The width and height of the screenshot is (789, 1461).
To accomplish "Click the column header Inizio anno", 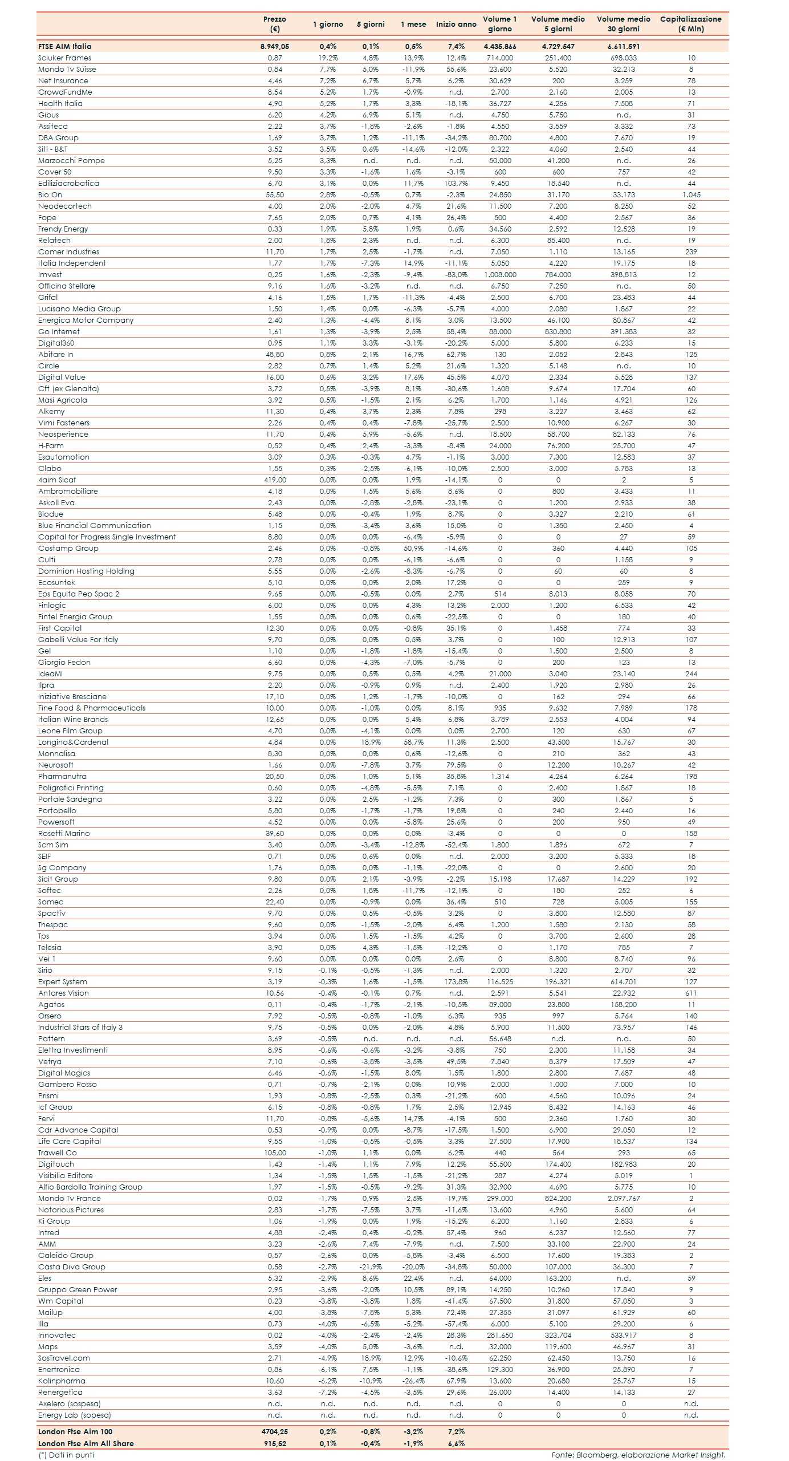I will (x=455, y=24).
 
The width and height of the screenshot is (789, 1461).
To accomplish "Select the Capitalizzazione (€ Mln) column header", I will (x=690, y=24).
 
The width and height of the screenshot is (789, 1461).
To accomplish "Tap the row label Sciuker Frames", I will (x=64, y=58).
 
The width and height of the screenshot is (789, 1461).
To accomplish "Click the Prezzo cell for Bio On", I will (x=275, y=194).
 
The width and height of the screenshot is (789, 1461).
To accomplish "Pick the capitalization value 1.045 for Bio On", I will (x=691, y=194).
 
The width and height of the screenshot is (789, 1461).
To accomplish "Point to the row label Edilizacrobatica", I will (x=68, y=183).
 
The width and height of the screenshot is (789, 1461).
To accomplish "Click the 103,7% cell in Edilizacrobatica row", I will (x=455, y=183).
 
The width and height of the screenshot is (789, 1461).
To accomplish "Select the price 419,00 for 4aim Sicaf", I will (x=275, y=480).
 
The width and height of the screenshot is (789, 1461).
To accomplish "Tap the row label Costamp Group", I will (x=68, y=548).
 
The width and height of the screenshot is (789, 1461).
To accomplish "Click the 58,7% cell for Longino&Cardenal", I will (x=413, y=742).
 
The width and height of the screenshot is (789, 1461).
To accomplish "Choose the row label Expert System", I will (x=63, y=981).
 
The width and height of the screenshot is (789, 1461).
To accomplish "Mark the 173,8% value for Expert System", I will (x=455, y=981).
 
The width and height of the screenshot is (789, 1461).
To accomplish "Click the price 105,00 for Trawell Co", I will (x=275, y=1152).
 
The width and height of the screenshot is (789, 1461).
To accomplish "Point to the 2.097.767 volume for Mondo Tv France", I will (x=624, y=1198).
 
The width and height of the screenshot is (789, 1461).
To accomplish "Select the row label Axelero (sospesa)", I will (x=69, y=1403).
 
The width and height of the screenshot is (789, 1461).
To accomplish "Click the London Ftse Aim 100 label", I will (x=75, y=1431).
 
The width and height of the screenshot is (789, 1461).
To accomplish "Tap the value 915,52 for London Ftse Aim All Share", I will (x=275, y=1443).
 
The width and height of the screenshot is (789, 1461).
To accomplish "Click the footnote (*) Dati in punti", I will (x=66, y=1455).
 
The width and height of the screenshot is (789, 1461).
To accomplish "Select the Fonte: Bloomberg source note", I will (x=638, y=1455).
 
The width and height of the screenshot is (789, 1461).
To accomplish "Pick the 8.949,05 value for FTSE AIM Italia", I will (x=275, y=46).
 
